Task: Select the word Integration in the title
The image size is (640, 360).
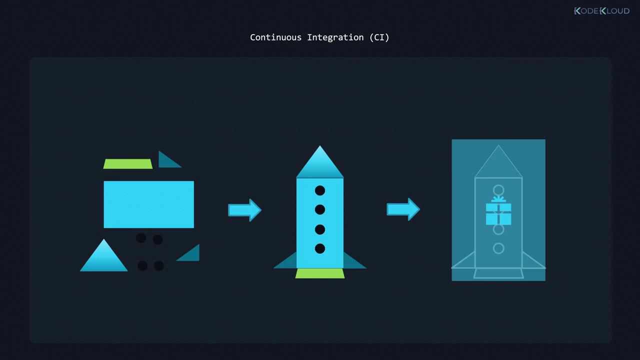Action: [335, 37]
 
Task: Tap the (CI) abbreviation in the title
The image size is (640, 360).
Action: [379, 37]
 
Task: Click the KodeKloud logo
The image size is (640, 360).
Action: [601, 10]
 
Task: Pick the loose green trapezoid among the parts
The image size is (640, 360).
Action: [128, 164]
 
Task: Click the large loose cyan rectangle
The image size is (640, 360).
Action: [148, 204]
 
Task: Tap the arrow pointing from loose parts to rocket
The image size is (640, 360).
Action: [244, 210]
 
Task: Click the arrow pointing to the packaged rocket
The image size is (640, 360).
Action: [403, 209]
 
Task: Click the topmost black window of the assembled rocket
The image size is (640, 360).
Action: [320, 190]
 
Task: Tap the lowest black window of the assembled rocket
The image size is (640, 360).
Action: [320, 248]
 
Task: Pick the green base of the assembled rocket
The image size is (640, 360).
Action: [320, 273]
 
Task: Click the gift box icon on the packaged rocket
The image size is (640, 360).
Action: [498, 212]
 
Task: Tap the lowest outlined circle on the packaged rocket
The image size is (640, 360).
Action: [498, 248]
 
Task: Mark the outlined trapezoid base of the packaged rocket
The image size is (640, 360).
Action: [498, 273]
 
